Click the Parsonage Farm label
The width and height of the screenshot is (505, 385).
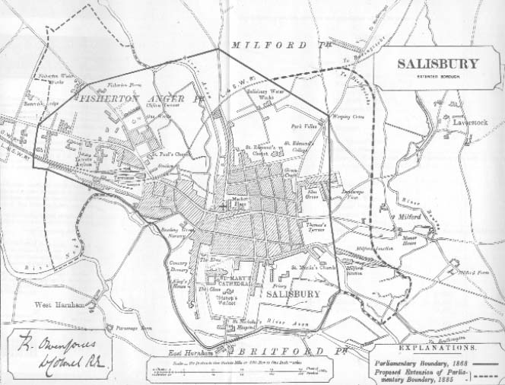(x=125, y=328)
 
